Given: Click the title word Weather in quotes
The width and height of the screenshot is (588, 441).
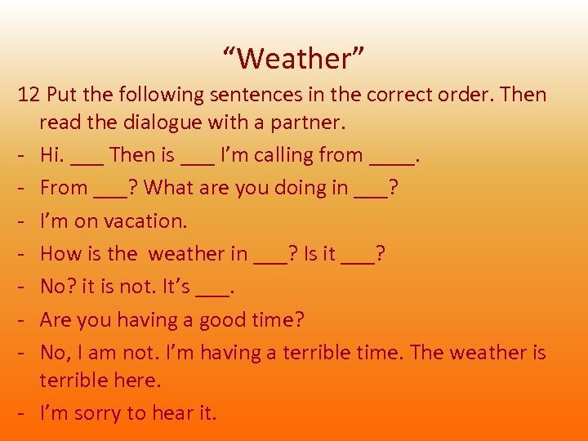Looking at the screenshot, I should click(293, 59).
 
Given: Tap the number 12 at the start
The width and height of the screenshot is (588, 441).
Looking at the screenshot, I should click(29, 95).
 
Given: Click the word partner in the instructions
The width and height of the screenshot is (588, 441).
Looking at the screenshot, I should click(313, 122).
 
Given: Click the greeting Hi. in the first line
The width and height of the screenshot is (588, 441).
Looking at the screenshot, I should click(53, 154).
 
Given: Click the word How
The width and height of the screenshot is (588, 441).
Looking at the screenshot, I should click(59, 253).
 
